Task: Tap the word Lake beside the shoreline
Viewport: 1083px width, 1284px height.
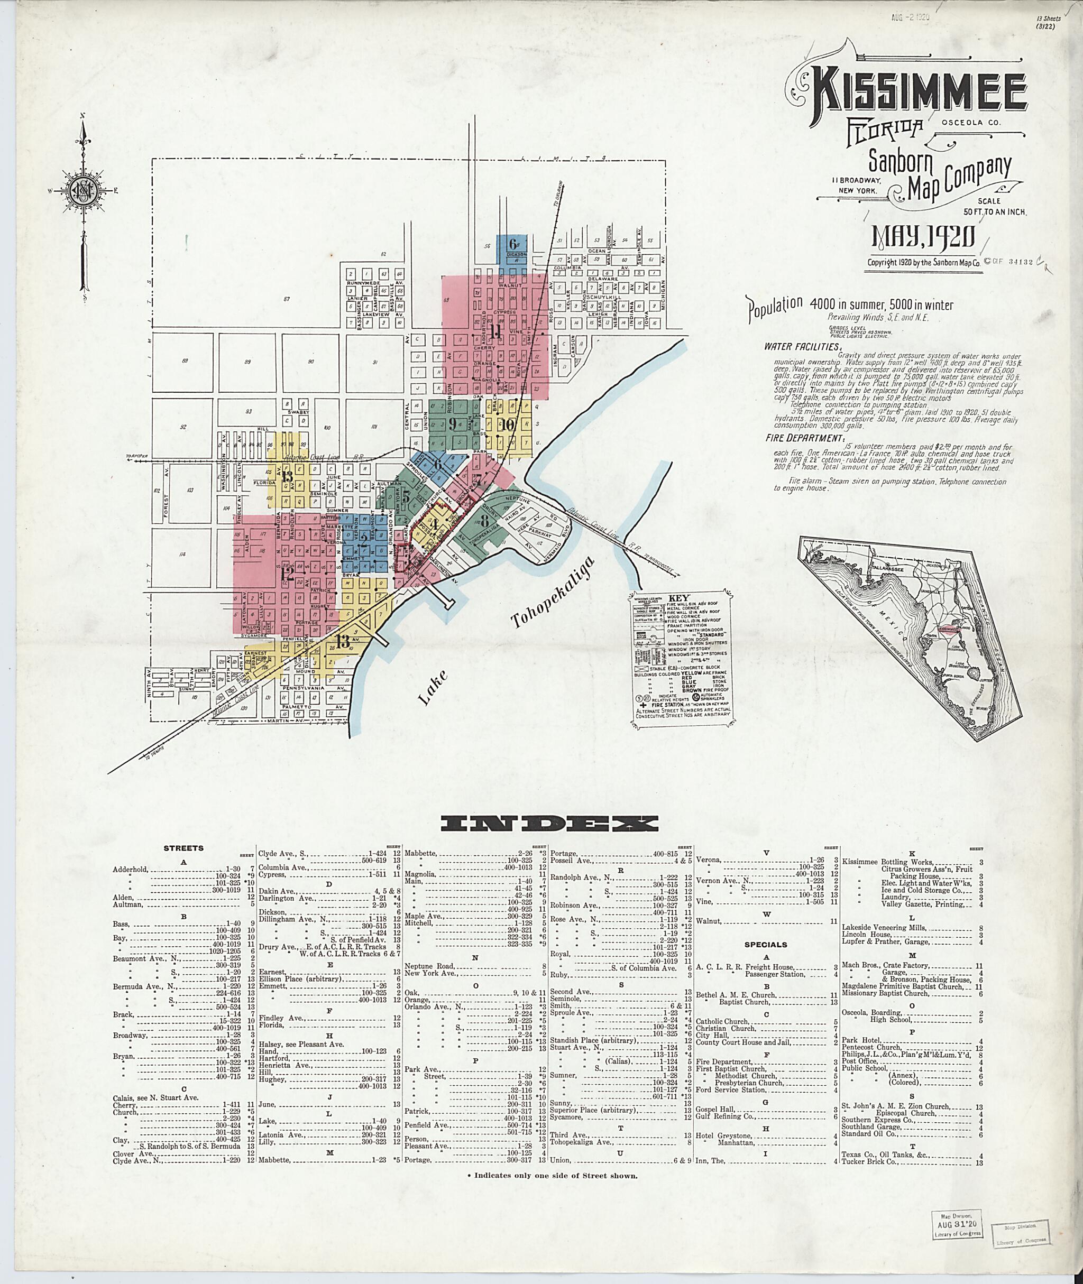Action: [434, 687]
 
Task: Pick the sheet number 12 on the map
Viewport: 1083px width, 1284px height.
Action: [287, 575]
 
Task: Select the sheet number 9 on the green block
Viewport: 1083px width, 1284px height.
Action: [453, 423]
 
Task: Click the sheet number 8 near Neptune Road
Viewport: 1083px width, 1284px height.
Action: [484, 521]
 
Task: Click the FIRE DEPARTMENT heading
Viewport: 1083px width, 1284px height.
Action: [804, 438]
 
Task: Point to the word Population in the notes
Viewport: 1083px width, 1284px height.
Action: [775, 307]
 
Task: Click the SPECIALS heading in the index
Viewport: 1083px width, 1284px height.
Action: [766, 945]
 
